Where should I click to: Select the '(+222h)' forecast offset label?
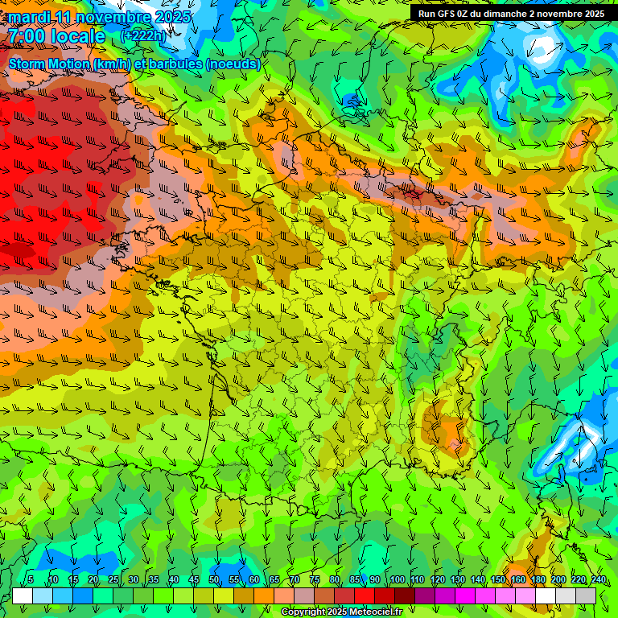(142, 35)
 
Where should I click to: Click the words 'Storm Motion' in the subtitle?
(49, 64)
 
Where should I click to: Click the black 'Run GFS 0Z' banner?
(511, 14)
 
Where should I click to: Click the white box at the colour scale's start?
(22, 595)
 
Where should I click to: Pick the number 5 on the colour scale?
(31, 579)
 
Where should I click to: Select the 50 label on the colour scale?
(214, 579)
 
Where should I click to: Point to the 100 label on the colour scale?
(397, 579)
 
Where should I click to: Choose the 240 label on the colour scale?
(598, 579)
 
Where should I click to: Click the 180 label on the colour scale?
(538, 579)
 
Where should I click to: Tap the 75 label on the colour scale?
(315, 579)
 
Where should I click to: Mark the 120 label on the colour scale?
(437, 579)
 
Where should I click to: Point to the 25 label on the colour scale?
(113, 579)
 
